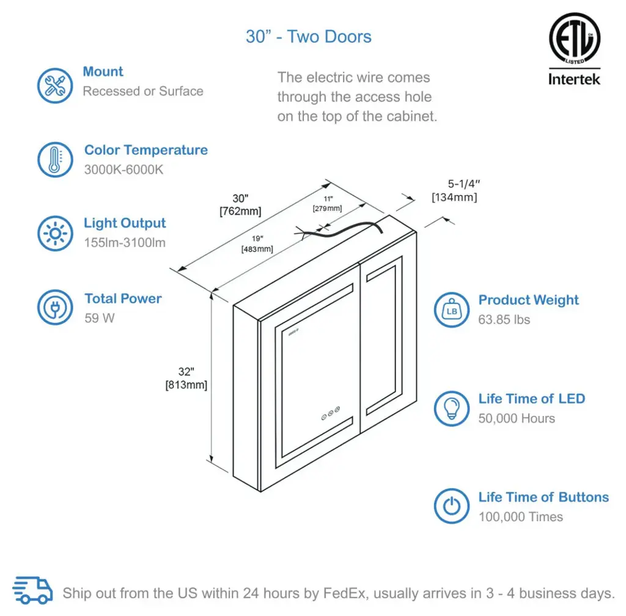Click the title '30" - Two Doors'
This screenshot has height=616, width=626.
tap(308, 37)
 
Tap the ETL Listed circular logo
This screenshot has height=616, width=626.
tap(574, 38)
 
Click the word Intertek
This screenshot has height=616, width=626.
tap(574, 79)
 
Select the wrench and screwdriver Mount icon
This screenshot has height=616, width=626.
tap(55, 85)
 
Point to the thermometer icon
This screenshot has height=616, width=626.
tap(55, 160)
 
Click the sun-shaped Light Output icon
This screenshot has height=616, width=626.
tap(55, 233)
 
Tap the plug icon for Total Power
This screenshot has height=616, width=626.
tap(55, 308)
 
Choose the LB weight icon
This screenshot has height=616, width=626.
tap(452, 310)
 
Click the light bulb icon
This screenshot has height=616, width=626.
tap(452, 408)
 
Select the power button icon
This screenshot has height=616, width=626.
tap(452, 507)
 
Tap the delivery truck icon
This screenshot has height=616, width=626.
tap(33, 592)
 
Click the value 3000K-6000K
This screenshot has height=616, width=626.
tap(124, 169)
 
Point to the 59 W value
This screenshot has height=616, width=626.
tap(100, 318)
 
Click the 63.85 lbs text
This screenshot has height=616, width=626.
tap(504, 319)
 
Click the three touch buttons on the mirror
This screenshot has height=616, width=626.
tap(330, 412)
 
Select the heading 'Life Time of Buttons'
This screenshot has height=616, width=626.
tap(543, 497)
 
